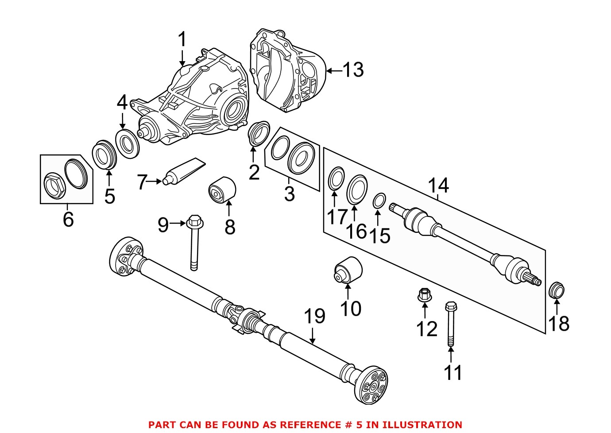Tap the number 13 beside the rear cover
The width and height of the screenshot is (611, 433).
(x=353, y=70)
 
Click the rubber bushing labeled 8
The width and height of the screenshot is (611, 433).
(x=222, y=191)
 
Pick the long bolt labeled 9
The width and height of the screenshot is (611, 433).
(x=194, y=241)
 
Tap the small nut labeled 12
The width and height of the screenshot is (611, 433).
(x=424, y=295)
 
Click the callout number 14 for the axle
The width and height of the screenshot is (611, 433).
(x=438, y=186)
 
